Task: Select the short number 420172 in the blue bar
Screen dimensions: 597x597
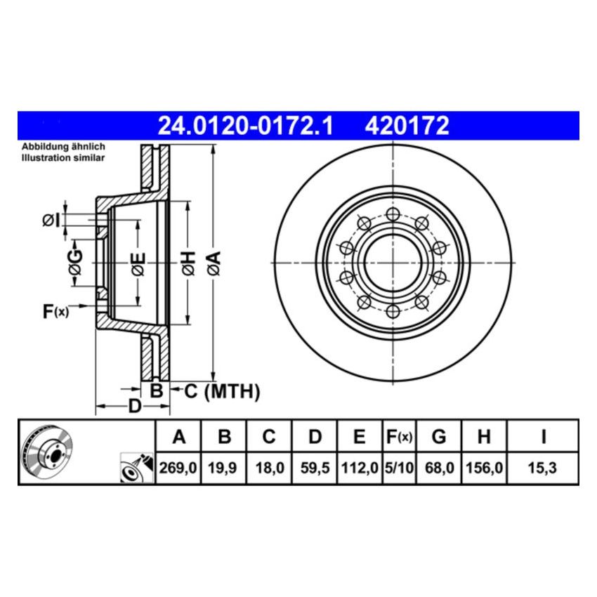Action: pos(406,126)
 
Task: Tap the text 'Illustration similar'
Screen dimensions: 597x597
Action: pos(63,159)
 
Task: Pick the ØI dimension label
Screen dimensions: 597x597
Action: pos(51,221)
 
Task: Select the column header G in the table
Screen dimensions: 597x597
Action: pos(438,438)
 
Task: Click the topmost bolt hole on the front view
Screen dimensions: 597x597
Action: pos(392,214)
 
